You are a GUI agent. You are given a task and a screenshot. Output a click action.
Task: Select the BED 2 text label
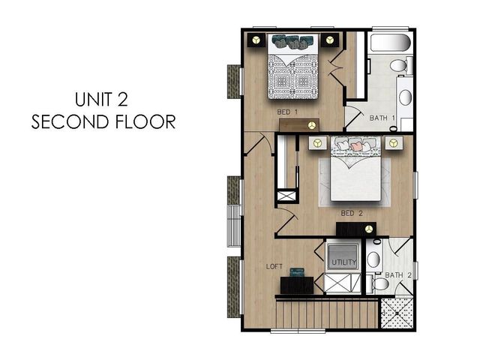pyautogui.click(x=352, y=213)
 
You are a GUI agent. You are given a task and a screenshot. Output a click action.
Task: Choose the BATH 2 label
pyautogui.click(x=398, y=275)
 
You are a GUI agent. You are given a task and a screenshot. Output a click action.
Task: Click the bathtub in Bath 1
pyautogui.click(x=389, y=42)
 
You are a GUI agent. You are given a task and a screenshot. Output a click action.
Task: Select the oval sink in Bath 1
pyautogui.click(x=404, y=97)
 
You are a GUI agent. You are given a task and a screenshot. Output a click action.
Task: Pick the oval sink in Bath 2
pyautogui.click(x=373, y=259)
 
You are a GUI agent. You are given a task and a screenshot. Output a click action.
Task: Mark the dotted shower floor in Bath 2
pyautogui.click(x=398, y=312)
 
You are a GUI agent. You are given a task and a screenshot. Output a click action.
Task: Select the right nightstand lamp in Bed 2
pyautogui.click(x=392, y=141)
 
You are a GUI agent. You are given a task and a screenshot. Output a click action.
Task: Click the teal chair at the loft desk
pyautogui.click(x=298, y=271)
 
